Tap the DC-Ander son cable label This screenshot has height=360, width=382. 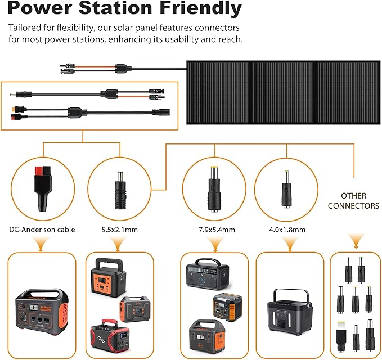(x=42, y=229)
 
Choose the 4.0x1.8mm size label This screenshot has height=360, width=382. (x=287, y=229)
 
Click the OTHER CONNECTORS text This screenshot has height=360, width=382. (x=353, y=201)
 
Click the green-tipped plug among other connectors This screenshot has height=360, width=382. (x=361, y=270)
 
